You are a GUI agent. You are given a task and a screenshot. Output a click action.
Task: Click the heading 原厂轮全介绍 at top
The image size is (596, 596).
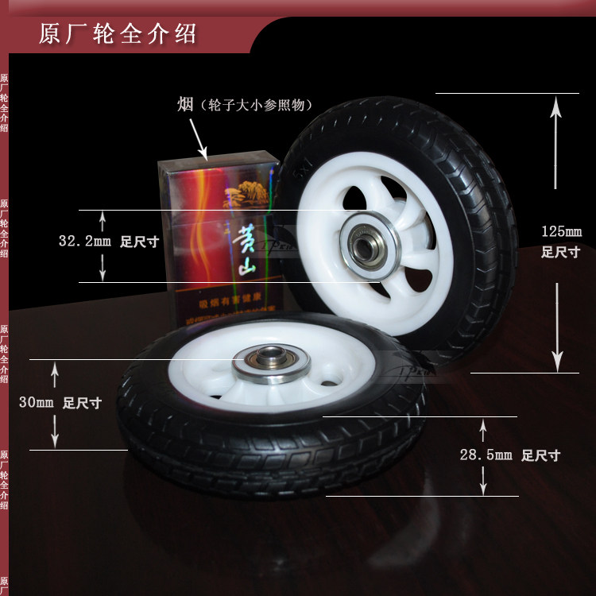[x=118, y=35]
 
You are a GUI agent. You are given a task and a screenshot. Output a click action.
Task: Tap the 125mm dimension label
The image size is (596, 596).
[x=561, y=232]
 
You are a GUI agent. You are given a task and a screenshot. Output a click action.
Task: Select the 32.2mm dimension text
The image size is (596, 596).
[x=84, y=239]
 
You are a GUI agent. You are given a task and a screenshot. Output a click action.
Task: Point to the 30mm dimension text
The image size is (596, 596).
[x=36, y=403]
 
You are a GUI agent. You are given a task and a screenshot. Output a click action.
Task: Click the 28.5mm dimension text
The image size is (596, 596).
[x=486, y=455]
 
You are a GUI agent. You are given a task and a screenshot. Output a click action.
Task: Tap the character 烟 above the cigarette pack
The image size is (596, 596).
[x=185, y=105]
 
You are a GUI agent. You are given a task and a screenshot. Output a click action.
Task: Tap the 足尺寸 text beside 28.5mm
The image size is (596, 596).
[x=540, y=456]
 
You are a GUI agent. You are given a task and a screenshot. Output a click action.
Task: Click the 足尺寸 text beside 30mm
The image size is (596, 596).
[x=82, y=403]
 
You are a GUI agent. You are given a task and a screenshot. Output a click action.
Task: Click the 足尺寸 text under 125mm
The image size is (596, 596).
[x=560, y=253]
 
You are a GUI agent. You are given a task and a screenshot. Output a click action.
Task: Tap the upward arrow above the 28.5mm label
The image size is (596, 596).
[x=482, y=432]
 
